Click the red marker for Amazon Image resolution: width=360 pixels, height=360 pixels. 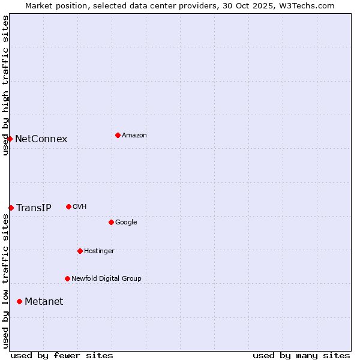click(x=118, y=135)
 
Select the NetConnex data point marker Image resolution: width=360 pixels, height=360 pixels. click(x=10, y=139)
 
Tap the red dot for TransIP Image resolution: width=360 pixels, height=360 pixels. click(x=11, y=208)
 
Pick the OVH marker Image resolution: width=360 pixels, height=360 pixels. click(x=68, y=206)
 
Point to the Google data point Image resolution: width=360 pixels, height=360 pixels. click(x=111, y=222)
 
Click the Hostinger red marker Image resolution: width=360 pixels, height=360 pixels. click(x=80, y=251)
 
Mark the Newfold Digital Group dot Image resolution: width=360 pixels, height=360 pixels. click(x=67, y=278)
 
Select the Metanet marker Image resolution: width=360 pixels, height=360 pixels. click(x=19, y=301)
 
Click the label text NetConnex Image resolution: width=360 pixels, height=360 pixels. click(x=41, y=139)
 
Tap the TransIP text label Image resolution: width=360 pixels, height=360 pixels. click(x=34, y=208)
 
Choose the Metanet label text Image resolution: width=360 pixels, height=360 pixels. click(x=44, y=302)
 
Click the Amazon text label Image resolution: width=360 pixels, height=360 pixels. click(x=134, y=136)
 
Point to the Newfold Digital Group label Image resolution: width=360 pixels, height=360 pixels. click(x=106, y=278)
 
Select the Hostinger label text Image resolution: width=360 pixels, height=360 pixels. click(x=99, y=251)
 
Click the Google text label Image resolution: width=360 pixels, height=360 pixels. click(x=126, y=223)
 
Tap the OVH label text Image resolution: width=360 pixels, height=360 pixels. click(x=80, y=207)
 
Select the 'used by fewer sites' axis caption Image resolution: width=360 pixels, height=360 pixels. click(x=62, y=355)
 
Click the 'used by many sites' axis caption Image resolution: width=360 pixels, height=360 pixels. click(x=301, y=355)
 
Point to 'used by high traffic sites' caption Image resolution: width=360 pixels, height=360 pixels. click(x=5, y=85)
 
